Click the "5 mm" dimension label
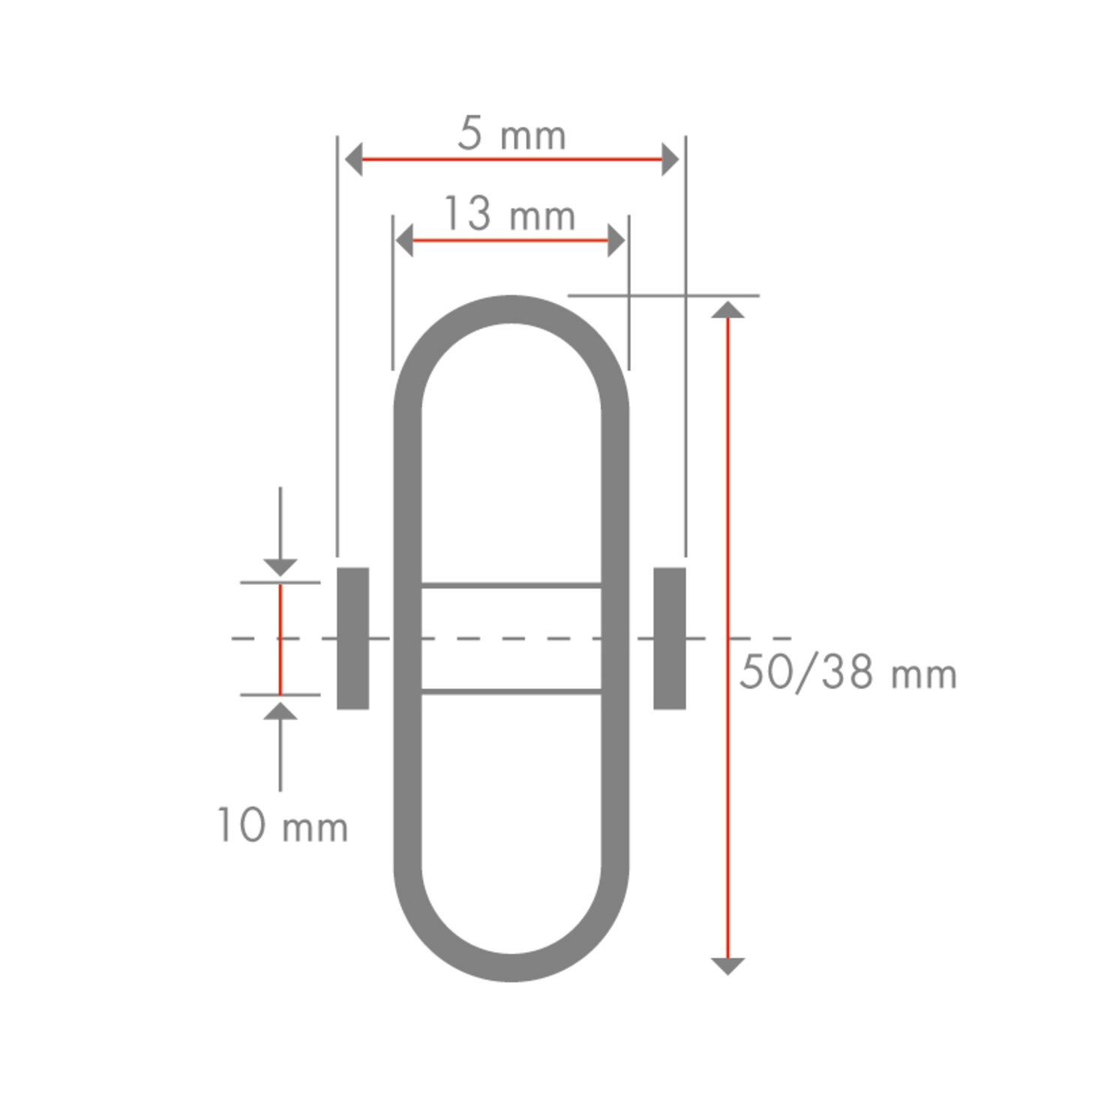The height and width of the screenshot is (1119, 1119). [511, 135]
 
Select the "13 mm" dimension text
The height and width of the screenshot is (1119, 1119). [510, 214]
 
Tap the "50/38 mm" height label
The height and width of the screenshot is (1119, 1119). [847, 673]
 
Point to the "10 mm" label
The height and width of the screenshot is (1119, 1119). [283, 826]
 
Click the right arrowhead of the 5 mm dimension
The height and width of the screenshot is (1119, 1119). [670, 160]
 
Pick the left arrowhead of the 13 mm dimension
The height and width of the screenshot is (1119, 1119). [404, 241]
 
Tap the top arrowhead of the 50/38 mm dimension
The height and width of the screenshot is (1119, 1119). [727, 310]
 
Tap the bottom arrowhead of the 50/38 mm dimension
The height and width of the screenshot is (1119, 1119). [727, 965]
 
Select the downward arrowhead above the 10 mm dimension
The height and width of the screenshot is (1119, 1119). [280, 567]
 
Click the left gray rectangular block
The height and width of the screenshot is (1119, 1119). [352, 638]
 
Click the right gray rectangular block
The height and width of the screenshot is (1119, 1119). [670, 638]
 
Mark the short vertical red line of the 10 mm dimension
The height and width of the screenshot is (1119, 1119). [280, 639]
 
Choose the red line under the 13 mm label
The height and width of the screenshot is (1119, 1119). [510, 241]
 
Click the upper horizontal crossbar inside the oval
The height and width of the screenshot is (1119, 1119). [511, 585]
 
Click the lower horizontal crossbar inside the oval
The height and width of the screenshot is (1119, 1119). [511, 691]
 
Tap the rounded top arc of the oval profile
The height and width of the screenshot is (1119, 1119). [511, 309]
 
